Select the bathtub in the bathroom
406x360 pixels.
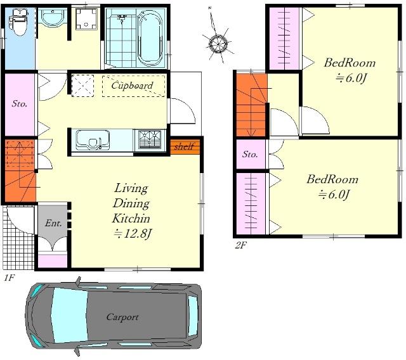pyautogui.click(x=150, y=38)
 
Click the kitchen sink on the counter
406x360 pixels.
pyautogui.click(x=93, y=139)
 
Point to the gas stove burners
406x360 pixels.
pyautogui.click(x=150, y=139)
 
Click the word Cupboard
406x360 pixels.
pyautogui.click(x=132, y=86)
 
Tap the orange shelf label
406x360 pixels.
pyautogui.click(x=184, y=146)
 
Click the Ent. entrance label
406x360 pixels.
pyautogui.click(x=53, y=223)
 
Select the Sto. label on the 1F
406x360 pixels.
pyautogui.click(x=20, y=104)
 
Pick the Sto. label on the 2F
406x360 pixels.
pyautogui.click(x=250, y=155)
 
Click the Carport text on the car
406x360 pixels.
pyautogui.click(x=122, y=317)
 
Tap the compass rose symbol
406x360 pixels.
pyautogui.click(x=218, y=42)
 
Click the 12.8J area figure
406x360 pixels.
pyautogui.click(x=133, y=234)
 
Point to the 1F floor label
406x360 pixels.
pyautogui.click(x=9, y=278)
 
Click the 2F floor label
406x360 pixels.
pyautogui.click(x=240, y=245)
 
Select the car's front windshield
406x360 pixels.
pyautogui.click(x=69, y=316)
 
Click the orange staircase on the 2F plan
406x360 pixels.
pyautogui.click(x=251, y=105)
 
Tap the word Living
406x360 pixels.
pyautogui.click(x=131, y=188)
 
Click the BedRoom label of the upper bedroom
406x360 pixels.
pyautogui.click(x=350, y=63)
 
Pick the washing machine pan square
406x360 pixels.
pyautogui.click(x=87, y=18)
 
